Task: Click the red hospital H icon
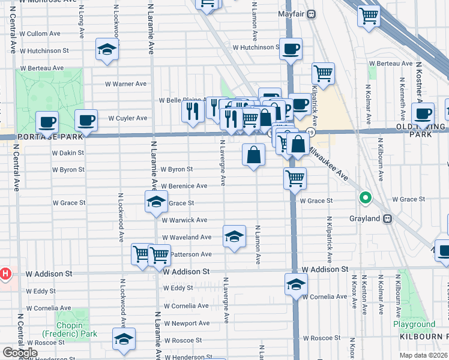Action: tap(5, 274)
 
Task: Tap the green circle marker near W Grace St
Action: tap(364, 197)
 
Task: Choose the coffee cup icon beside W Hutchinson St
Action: tap(291, 49)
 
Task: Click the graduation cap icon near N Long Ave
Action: tap(107, 50)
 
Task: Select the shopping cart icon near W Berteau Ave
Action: tap(323, 74)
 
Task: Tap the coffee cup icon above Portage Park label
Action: tap(47, 122)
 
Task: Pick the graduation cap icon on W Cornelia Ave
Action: tap(295, 285)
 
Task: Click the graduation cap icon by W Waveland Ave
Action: tap(234, 236)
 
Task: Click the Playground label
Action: tap(414, 325)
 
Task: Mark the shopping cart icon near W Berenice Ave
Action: tap(295, 178)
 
